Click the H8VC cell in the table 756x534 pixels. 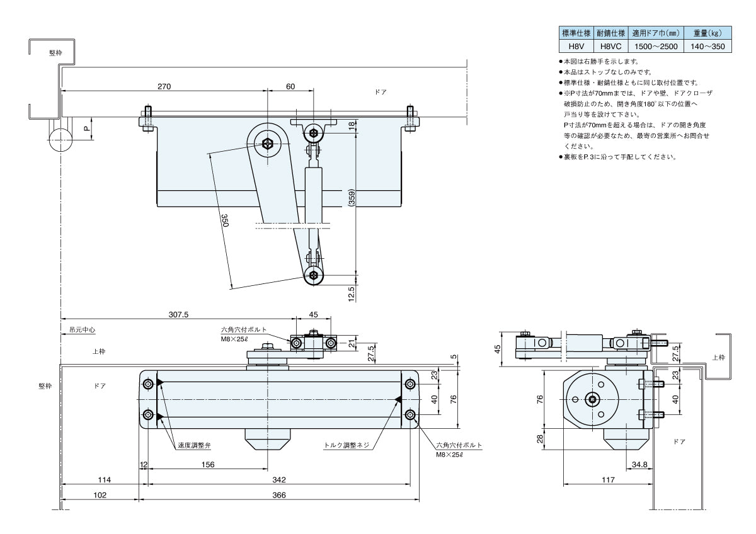click(611, 46)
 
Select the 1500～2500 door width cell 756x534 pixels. click(655, 46)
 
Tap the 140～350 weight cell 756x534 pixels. click(707, 46)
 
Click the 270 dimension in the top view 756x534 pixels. click(164, 86)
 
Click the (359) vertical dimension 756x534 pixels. click(352, 200)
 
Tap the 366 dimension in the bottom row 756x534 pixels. click(279, 495)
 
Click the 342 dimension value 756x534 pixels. click(279, 480)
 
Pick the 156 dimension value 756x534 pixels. click(208, 465)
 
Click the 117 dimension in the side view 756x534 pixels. click(607, 480)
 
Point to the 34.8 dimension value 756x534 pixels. click(638, 465)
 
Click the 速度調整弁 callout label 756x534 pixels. click(193, 445)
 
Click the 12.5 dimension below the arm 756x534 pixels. click(352, 293)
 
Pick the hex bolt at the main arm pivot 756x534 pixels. click(269, 144)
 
